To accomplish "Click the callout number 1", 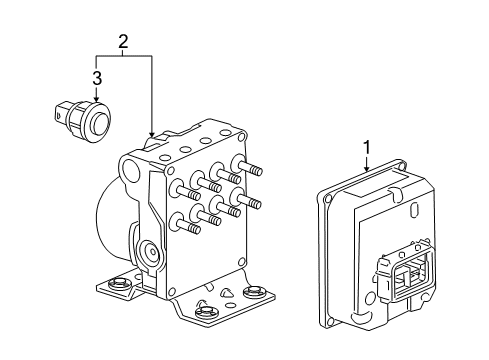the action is tap(367, 148).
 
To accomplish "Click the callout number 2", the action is tap(123, 42).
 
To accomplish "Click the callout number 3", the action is tap(97, 79).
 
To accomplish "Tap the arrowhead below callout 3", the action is tap(97, 99).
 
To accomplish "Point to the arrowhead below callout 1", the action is tap(367, 168).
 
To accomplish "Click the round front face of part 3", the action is tap(99, 121).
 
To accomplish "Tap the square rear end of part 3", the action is tap(60, 113).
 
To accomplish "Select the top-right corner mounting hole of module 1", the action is tap(403, 166).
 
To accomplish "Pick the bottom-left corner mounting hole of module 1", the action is tap(330, 321).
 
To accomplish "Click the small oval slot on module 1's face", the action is tap(414, 211).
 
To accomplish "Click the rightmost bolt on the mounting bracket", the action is tap(253, 292).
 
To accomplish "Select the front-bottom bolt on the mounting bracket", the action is tap(205, 311).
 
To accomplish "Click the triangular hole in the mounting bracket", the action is tap(227, 292).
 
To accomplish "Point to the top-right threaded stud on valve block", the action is tap(247, 165).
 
